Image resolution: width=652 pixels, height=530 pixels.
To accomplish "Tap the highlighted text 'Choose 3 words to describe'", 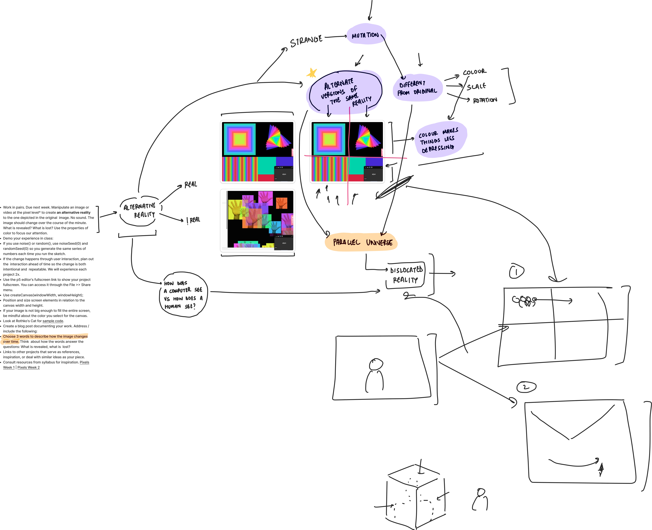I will [x=45, y=336].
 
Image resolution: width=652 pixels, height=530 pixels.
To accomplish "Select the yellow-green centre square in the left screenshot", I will [x=240, y=139].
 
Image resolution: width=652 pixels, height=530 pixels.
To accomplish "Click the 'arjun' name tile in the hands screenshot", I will [x=284, y=243].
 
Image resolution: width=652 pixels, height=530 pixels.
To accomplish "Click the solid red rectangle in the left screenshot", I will [x=266, y=178].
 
